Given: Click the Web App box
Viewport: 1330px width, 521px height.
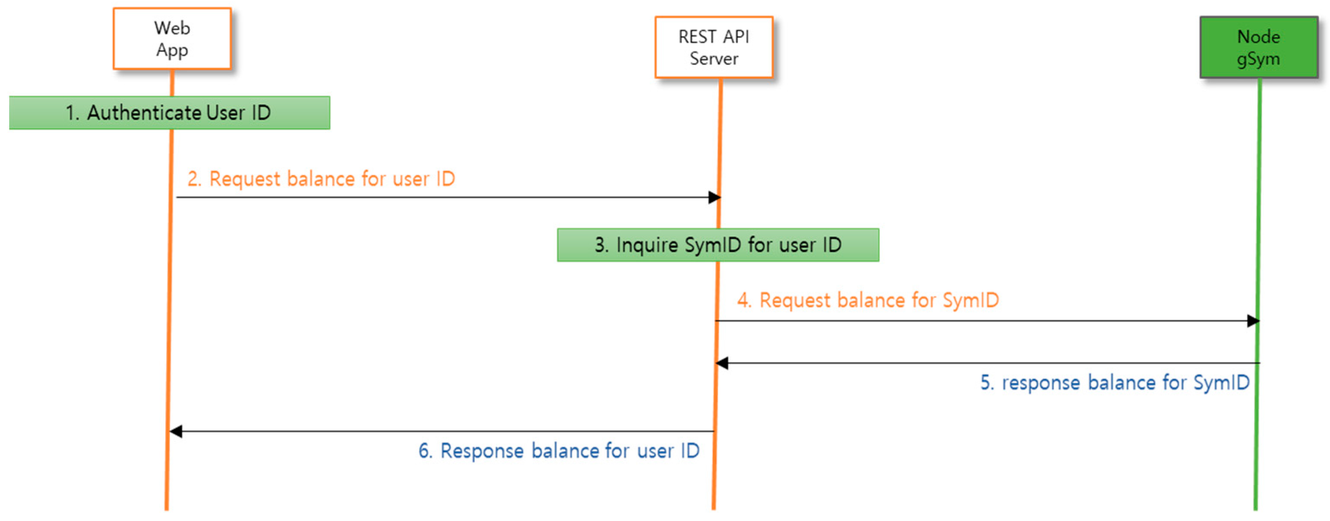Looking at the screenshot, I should click(x=172, y=38).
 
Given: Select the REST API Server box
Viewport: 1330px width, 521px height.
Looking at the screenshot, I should click(x=714, y=47).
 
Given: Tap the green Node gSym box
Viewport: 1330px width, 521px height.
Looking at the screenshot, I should click(x=1258, y=47).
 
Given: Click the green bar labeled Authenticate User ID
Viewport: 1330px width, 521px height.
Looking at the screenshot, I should click(x=169, y=113).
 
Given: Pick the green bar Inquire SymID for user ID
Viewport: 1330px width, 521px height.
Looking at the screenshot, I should click(x=717, y=245).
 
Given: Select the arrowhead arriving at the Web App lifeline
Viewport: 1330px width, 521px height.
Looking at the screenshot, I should click(x=176, y=431).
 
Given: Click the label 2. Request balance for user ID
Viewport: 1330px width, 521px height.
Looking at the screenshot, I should click(x=321, y=179).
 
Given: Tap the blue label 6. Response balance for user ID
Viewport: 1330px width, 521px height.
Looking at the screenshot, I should click(x=559, y=451).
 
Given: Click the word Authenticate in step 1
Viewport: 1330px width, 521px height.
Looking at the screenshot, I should click(x=144, y=113).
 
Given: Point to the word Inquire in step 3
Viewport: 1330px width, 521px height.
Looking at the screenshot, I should click(x=647, y=245).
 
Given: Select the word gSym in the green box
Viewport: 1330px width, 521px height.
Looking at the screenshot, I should click(x=1258, y=59).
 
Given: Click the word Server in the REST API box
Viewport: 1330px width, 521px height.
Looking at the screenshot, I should click(x=714, y=59).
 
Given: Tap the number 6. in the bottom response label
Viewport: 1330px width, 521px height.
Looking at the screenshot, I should click(x=425, y=451).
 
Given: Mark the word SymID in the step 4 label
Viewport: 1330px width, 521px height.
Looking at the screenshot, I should click(x=971, y=300).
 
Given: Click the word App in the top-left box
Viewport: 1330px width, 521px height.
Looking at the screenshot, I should click(x=172, y=50).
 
